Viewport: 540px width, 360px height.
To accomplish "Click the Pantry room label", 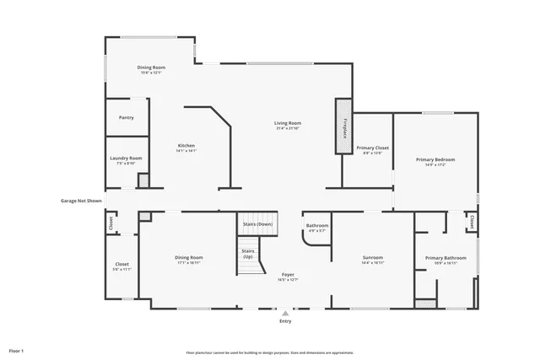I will (127, 118).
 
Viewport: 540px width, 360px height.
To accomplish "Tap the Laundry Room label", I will (126, 159).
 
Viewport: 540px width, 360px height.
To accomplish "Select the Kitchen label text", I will (186, 146).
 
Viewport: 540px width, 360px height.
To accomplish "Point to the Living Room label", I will (289, 123).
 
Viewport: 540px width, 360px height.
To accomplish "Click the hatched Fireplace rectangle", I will (344, 126).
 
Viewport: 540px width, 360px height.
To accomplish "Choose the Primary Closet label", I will (372, 148).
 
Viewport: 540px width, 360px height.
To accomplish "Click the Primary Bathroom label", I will (445, 258).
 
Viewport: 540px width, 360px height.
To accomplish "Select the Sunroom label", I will (373, 258).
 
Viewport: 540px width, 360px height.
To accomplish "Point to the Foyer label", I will (288, 275).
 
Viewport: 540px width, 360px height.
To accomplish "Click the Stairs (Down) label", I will (257, 224).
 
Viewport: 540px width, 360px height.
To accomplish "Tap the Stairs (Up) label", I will (248, 253).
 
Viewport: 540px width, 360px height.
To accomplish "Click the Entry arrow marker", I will (285, 311).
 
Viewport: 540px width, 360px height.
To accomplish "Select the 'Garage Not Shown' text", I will (81, 201).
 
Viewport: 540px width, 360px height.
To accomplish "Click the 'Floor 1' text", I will (17, 350).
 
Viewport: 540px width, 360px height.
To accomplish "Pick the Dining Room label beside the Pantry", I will (152, 67).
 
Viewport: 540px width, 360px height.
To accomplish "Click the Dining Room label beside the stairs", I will (187, 258).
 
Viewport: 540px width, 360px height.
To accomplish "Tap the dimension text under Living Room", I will (289, 128).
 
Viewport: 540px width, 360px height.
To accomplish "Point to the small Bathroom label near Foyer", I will (317, 226).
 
